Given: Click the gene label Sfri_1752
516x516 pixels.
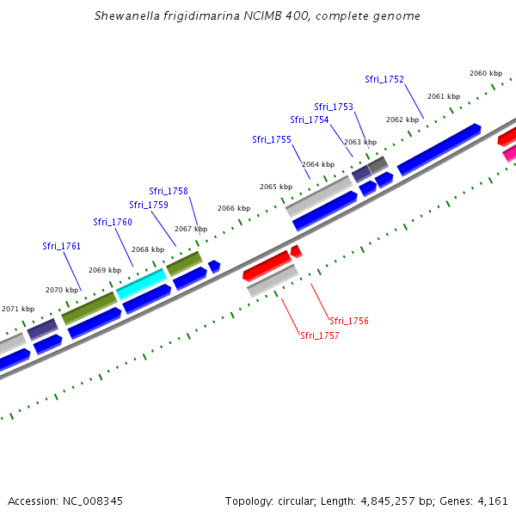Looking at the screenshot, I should [x=384, y=79].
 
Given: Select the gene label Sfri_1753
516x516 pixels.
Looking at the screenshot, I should [x=334, y=107].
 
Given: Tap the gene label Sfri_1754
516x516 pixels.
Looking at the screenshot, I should [x=309, y=120].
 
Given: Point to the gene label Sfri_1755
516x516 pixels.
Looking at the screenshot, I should [x=272, y=139].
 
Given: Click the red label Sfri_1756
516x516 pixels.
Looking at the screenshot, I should [x=348, y=321].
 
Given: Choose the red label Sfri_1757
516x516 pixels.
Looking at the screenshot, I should [x=319, y=335].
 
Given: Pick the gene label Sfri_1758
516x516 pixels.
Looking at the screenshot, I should [x=168, y=191].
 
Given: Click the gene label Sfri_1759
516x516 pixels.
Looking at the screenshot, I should [x=149, y=205].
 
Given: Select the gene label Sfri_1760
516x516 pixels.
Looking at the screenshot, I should [x=113, y=222].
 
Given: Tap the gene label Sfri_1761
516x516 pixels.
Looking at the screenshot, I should [x=61, y=246].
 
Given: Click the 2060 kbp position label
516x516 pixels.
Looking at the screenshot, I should [x=486, y=73].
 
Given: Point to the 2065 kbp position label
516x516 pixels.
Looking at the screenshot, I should [x=276, y=187].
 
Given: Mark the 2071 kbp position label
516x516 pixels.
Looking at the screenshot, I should [x=18, y=309].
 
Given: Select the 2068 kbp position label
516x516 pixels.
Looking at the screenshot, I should [x=147, y=249].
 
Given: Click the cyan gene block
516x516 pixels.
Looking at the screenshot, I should [x=141, y=282].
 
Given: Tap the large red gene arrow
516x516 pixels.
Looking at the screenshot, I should [x=267, y=265].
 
